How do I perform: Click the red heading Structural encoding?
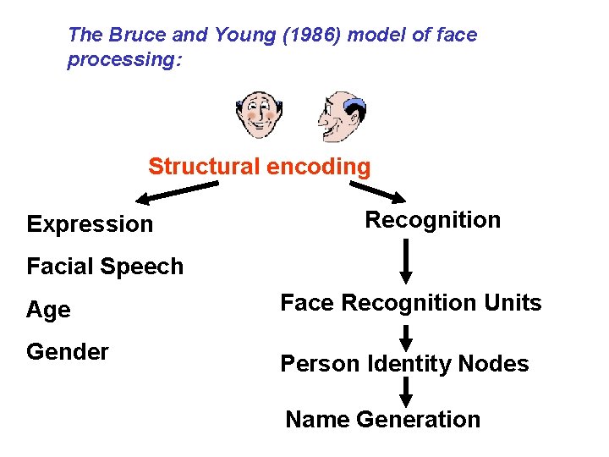259,167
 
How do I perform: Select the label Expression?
90,224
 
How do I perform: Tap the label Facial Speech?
105,267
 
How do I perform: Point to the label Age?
48,310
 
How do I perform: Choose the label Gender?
68,351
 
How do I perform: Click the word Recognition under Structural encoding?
432,220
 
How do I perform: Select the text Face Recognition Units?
410,303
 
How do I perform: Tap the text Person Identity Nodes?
404,364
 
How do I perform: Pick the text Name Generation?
382,420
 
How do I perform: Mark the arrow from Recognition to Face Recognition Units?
406,262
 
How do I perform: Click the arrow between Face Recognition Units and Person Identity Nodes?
406,336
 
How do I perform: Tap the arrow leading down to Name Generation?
406,392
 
